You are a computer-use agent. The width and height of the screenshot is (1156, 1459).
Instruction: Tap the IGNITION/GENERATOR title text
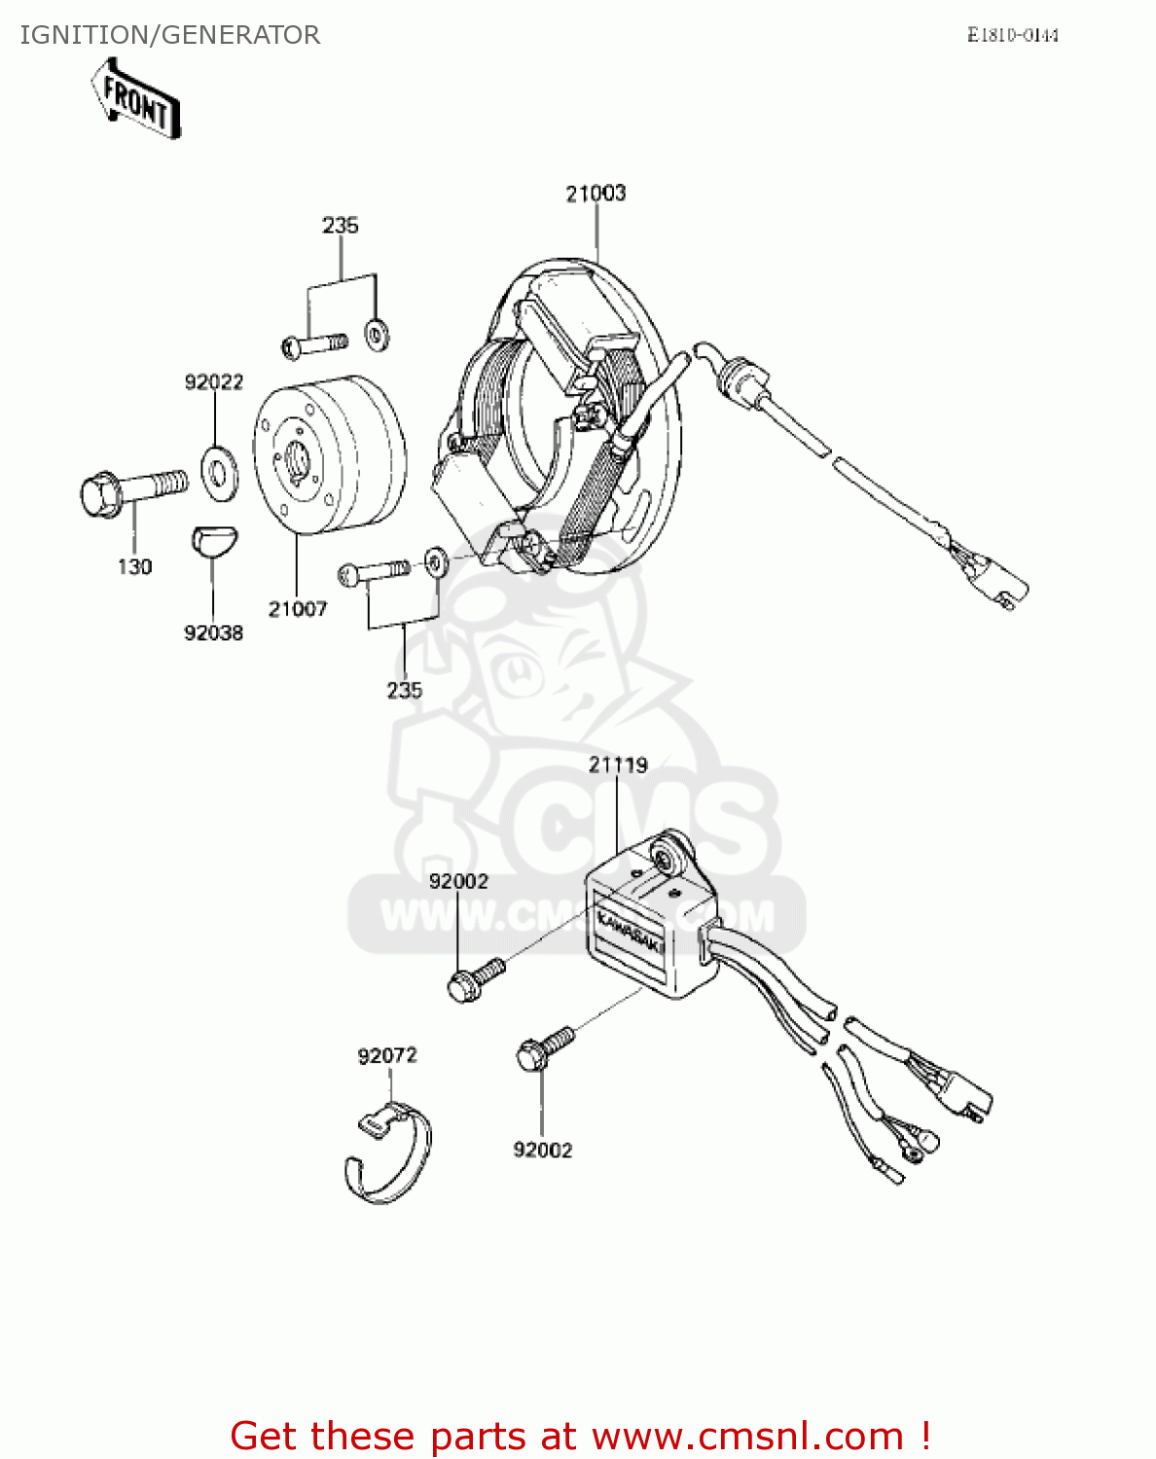[169, 35]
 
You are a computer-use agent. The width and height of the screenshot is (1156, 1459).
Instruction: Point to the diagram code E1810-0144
[1012, 35]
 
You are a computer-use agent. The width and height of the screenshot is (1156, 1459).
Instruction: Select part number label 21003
[596, 194]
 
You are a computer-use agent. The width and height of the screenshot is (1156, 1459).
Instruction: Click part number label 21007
[298, 609]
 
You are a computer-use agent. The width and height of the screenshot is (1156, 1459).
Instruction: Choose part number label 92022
[214, 382]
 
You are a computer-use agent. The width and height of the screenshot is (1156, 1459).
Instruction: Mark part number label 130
[135, 566]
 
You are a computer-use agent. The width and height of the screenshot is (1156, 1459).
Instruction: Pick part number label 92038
[213, 633]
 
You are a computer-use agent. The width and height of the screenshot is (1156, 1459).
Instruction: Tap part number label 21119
[617, 765]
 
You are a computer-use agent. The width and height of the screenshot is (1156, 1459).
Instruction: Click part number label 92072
[387, 1055]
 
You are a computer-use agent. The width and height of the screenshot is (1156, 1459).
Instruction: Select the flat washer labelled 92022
[219, 471]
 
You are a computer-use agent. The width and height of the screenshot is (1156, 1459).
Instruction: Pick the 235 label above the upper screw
[341, 226]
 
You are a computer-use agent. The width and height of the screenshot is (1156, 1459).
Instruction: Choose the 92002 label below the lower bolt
[543, 1150]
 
